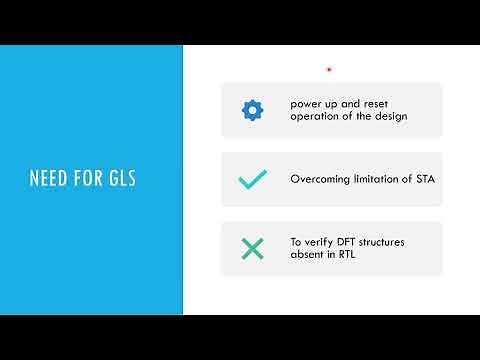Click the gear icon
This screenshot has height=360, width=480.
point(252,110)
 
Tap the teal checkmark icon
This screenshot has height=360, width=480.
point(252,180)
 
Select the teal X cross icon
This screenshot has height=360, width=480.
point(252,249)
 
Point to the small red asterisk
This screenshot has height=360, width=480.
point(329,70)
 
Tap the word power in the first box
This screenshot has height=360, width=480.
point(306,103)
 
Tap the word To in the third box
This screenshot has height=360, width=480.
point(297,242)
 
